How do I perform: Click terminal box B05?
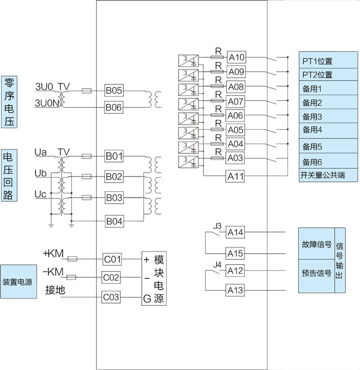(x=114, y=91)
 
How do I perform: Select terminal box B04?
(x=114, y=221)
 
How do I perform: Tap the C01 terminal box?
(x=112, y=259)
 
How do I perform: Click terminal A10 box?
(x=236, y=57)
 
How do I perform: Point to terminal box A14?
(x=235, y=233)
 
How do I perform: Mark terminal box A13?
(x=235, y=291)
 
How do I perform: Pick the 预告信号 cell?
(x=316, y=273)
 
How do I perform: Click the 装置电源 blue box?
(x=19, y=282)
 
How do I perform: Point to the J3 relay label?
(x=217, y=226)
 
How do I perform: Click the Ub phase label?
(x=40, y=173)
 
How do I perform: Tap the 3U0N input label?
(x=45, y=103)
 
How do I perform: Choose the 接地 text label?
(x=55, y=290)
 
